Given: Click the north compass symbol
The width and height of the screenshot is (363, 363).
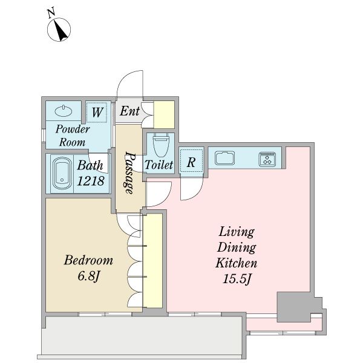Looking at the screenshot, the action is click(59, 30).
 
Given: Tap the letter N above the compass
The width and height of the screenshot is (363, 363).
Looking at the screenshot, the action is click(51, 13).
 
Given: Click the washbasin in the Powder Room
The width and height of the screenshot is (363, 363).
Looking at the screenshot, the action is click(64, 111).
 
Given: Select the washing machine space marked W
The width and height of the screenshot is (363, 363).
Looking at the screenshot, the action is click(97, 113).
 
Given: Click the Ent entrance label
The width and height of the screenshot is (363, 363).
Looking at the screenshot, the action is click(129, 111).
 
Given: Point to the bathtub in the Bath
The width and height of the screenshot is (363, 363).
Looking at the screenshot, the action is click(62, 173).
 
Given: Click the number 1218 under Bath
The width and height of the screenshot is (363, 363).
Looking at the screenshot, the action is click(91, 181).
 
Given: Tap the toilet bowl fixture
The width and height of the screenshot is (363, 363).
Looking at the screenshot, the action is click(161, 145).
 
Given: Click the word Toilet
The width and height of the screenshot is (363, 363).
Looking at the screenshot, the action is click(159, 165).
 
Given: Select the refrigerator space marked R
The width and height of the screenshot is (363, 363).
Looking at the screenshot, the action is click(191, 161).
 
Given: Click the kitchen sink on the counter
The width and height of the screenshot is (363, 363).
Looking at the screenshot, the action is click(224, 158).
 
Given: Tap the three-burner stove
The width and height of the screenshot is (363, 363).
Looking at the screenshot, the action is click(267, 159).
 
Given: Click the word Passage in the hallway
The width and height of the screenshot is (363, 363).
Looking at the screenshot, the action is click(129, 172).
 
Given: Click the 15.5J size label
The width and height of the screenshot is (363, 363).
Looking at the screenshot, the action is click(237, 278).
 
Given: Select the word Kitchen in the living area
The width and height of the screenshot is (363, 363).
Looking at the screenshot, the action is click(237, 263).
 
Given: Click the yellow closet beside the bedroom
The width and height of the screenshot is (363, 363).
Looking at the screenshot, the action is click(152, 261).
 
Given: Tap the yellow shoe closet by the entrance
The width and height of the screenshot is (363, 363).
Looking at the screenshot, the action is click(164, 114).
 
